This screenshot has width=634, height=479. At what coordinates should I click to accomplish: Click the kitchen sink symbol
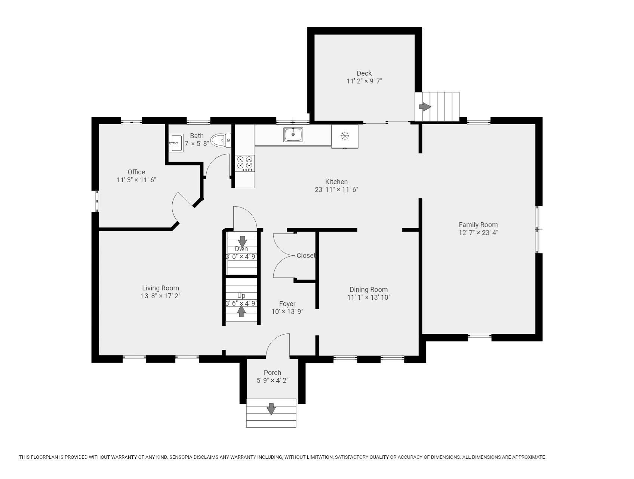pyautogui.click(x=293, y=134)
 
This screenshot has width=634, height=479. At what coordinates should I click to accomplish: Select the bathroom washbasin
pyautogui.click(x=175, y=143)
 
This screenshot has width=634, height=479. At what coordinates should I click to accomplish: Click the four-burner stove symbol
pyautogui.click(x=245, y=164)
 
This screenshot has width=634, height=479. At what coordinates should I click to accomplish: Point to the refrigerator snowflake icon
pyautogui.click(x=345, y=136)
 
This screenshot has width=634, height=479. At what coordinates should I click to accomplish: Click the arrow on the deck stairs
pyautogui.click(x=425, y=107)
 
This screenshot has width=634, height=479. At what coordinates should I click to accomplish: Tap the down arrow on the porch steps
pyautogui.click(x=271, y=409)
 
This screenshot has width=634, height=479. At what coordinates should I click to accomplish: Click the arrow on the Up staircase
pyautogui.click(x=241, y=311)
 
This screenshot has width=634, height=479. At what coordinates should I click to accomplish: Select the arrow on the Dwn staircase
pyautogui.click(x=242, y=241)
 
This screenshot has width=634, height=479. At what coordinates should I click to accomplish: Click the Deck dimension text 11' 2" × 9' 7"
pyautogui.click(x=364, y=81)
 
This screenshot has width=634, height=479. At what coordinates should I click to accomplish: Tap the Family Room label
pyautogui.click(x=478, y=225)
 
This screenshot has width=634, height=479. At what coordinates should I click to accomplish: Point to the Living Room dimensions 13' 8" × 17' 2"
pyautogui.click(x=161, y=296)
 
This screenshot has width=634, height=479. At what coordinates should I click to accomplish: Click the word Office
pyautogui.click(x=136, y=172)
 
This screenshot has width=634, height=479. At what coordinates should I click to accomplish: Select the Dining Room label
pyautogui.click(x=369, y=290)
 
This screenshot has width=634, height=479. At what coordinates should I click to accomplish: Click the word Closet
pyautogui.click(x=306, y=256)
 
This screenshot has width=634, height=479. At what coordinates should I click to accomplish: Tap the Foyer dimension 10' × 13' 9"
pyautogui.click(x=287, y=311)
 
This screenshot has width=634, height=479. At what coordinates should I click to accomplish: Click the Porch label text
pyautogui.click(x=273, y=373)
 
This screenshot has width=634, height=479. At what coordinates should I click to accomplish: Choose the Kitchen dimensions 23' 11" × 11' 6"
pyautogui.click(x=336, y=190)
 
